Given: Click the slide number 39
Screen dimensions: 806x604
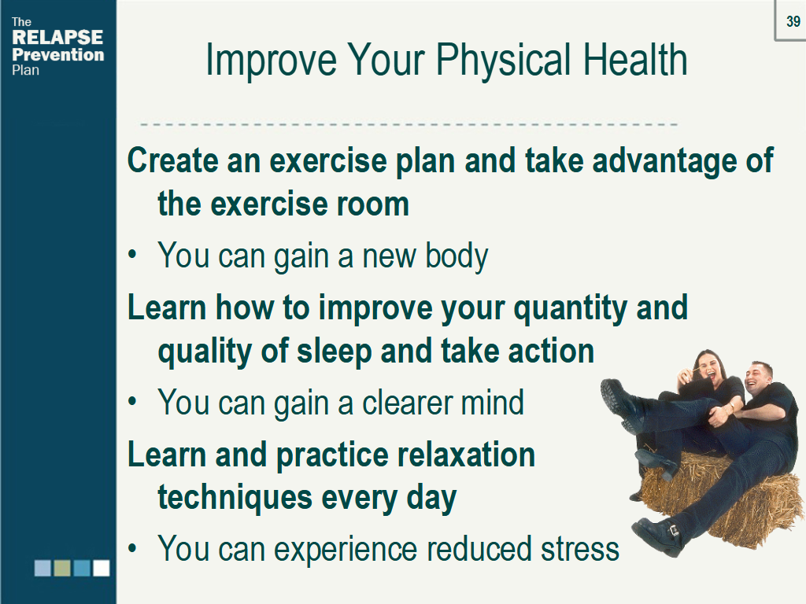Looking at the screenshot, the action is (793, 21).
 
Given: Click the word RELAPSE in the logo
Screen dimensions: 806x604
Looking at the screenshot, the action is (57, 37).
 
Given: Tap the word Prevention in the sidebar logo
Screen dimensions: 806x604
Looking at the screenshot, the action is (57, 54).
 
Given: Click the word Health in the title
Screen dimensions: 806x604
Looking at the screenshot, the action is (635, 59).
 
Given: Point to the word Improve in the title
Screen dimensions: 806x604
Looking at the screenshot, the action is (271, 61).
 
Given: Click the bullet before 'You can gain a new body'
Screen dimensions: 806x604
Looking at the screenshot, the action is (132, 255).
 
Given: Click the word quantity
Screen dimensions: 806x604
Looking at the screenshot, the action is (570, 309).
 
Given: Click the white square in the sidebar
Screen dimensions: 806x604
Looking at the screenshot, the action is (102, 568).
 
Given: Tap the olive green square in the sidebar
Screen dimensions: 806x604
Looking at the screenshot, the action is (62, 568).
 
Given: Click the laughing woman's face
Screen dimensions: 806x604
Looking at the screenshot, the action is (707, 365).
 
